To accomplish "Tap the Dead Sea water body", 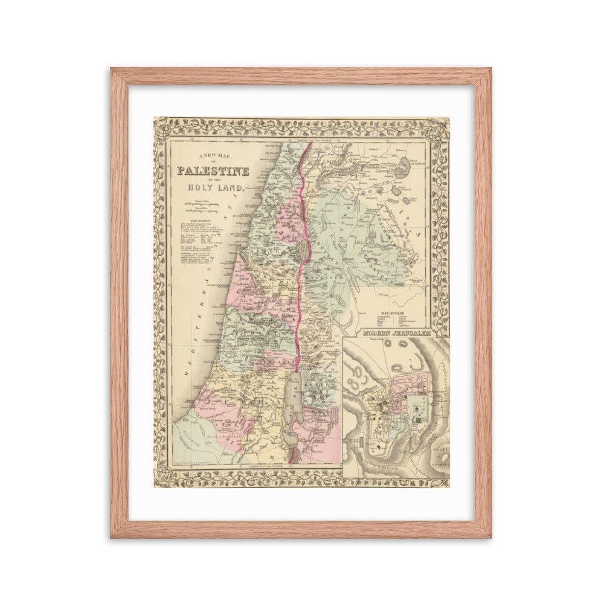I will pyautogui.click(x=292, y=399).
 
